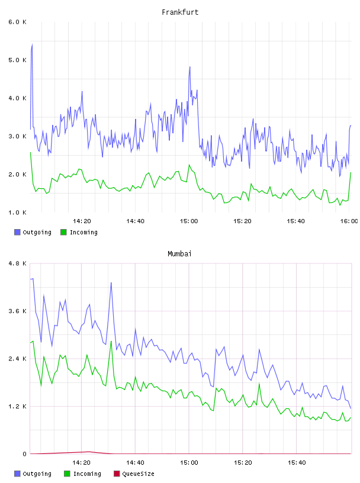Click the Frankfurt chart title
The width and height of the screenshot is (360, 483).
tap(180, 12)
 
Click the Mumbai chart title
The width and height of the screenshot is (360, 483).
tap(179, 254)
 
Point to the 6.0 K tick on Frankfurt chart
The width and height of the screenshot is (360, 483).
tap(17, 22)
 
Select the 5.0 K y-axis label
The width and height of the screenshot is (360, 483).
tap(17, 60)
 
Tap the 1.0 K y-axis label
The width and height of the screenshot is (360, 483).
tap(17, 212)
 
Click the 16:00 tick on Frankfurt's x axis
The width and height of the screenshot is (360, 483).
tap(349, 221)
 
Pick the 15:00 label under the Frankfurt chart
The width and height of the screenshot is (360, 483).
tap(189, 221)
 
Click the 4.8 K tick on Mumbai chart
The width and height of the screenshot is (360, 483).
tap(17, 263)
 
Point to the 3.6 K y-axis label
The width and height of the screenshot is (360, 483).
tap(17, 311)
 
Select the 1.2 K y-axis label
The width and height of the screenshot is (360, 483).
tap(17, 406)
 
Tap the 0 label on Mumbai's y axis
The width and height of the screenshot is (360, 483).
tap(24, 454)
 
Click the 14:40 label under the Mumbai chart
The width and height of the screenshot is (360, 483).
tap(135, 462)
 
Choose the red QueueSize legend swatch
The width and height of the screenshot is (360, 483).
tap(117, 474)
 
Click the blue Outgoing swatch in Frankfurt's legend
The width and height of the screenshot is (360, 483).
tap(17, 232)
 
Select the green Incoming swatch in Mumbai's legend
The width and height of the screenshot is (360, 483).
tap(67, 474)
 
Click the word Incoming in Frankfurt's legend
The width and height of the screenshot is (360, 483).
tap(83, 232)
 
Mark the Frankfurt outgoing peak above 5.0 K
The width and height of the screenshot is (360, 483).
tap(32, 44)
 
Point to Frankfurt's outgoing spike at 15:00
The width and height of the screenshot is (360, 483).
tap(190, 67)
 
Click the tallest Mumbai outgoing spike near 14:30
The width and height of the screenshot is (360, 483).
tap(111, 282)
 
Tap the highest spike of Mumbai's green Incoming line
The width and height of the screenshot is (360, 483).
tap(111, 341)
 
